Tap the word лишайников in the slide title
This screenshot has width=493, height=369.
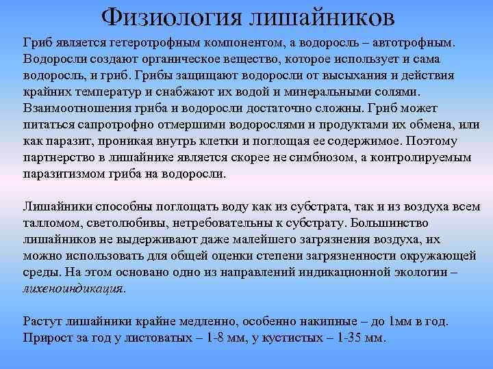(x=321, y=16)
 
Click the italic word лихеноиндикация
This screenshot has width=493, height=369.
(x=74, y=288)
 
